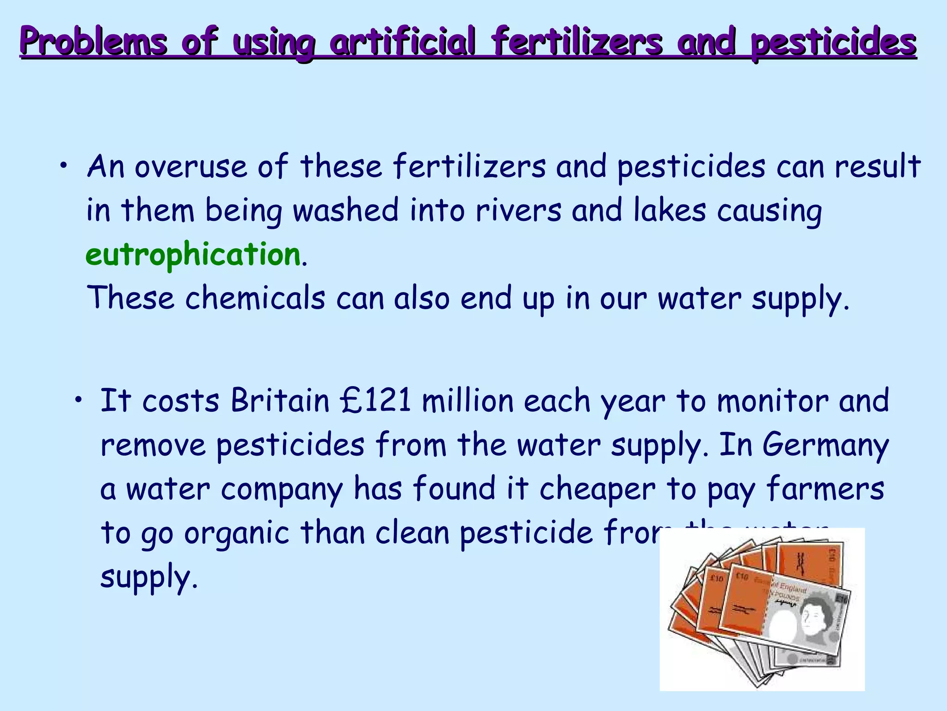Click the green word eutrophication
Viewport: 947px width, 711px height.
tap(193, 255)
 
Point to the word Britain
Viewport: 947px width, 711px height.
tap(280, 400)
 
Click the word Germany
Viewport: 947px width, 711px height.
tap(825, 445)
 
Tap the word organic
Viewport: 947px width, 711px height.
tap(237, 533)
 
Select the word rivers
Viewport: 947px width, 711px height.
tap(518, 211)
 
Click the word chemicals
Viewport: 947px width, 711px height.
tap(255, 298)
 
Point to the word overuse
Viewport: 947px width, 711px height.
tap(191, 167)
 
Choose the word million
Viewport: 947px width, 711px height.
tap(467, 400)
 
